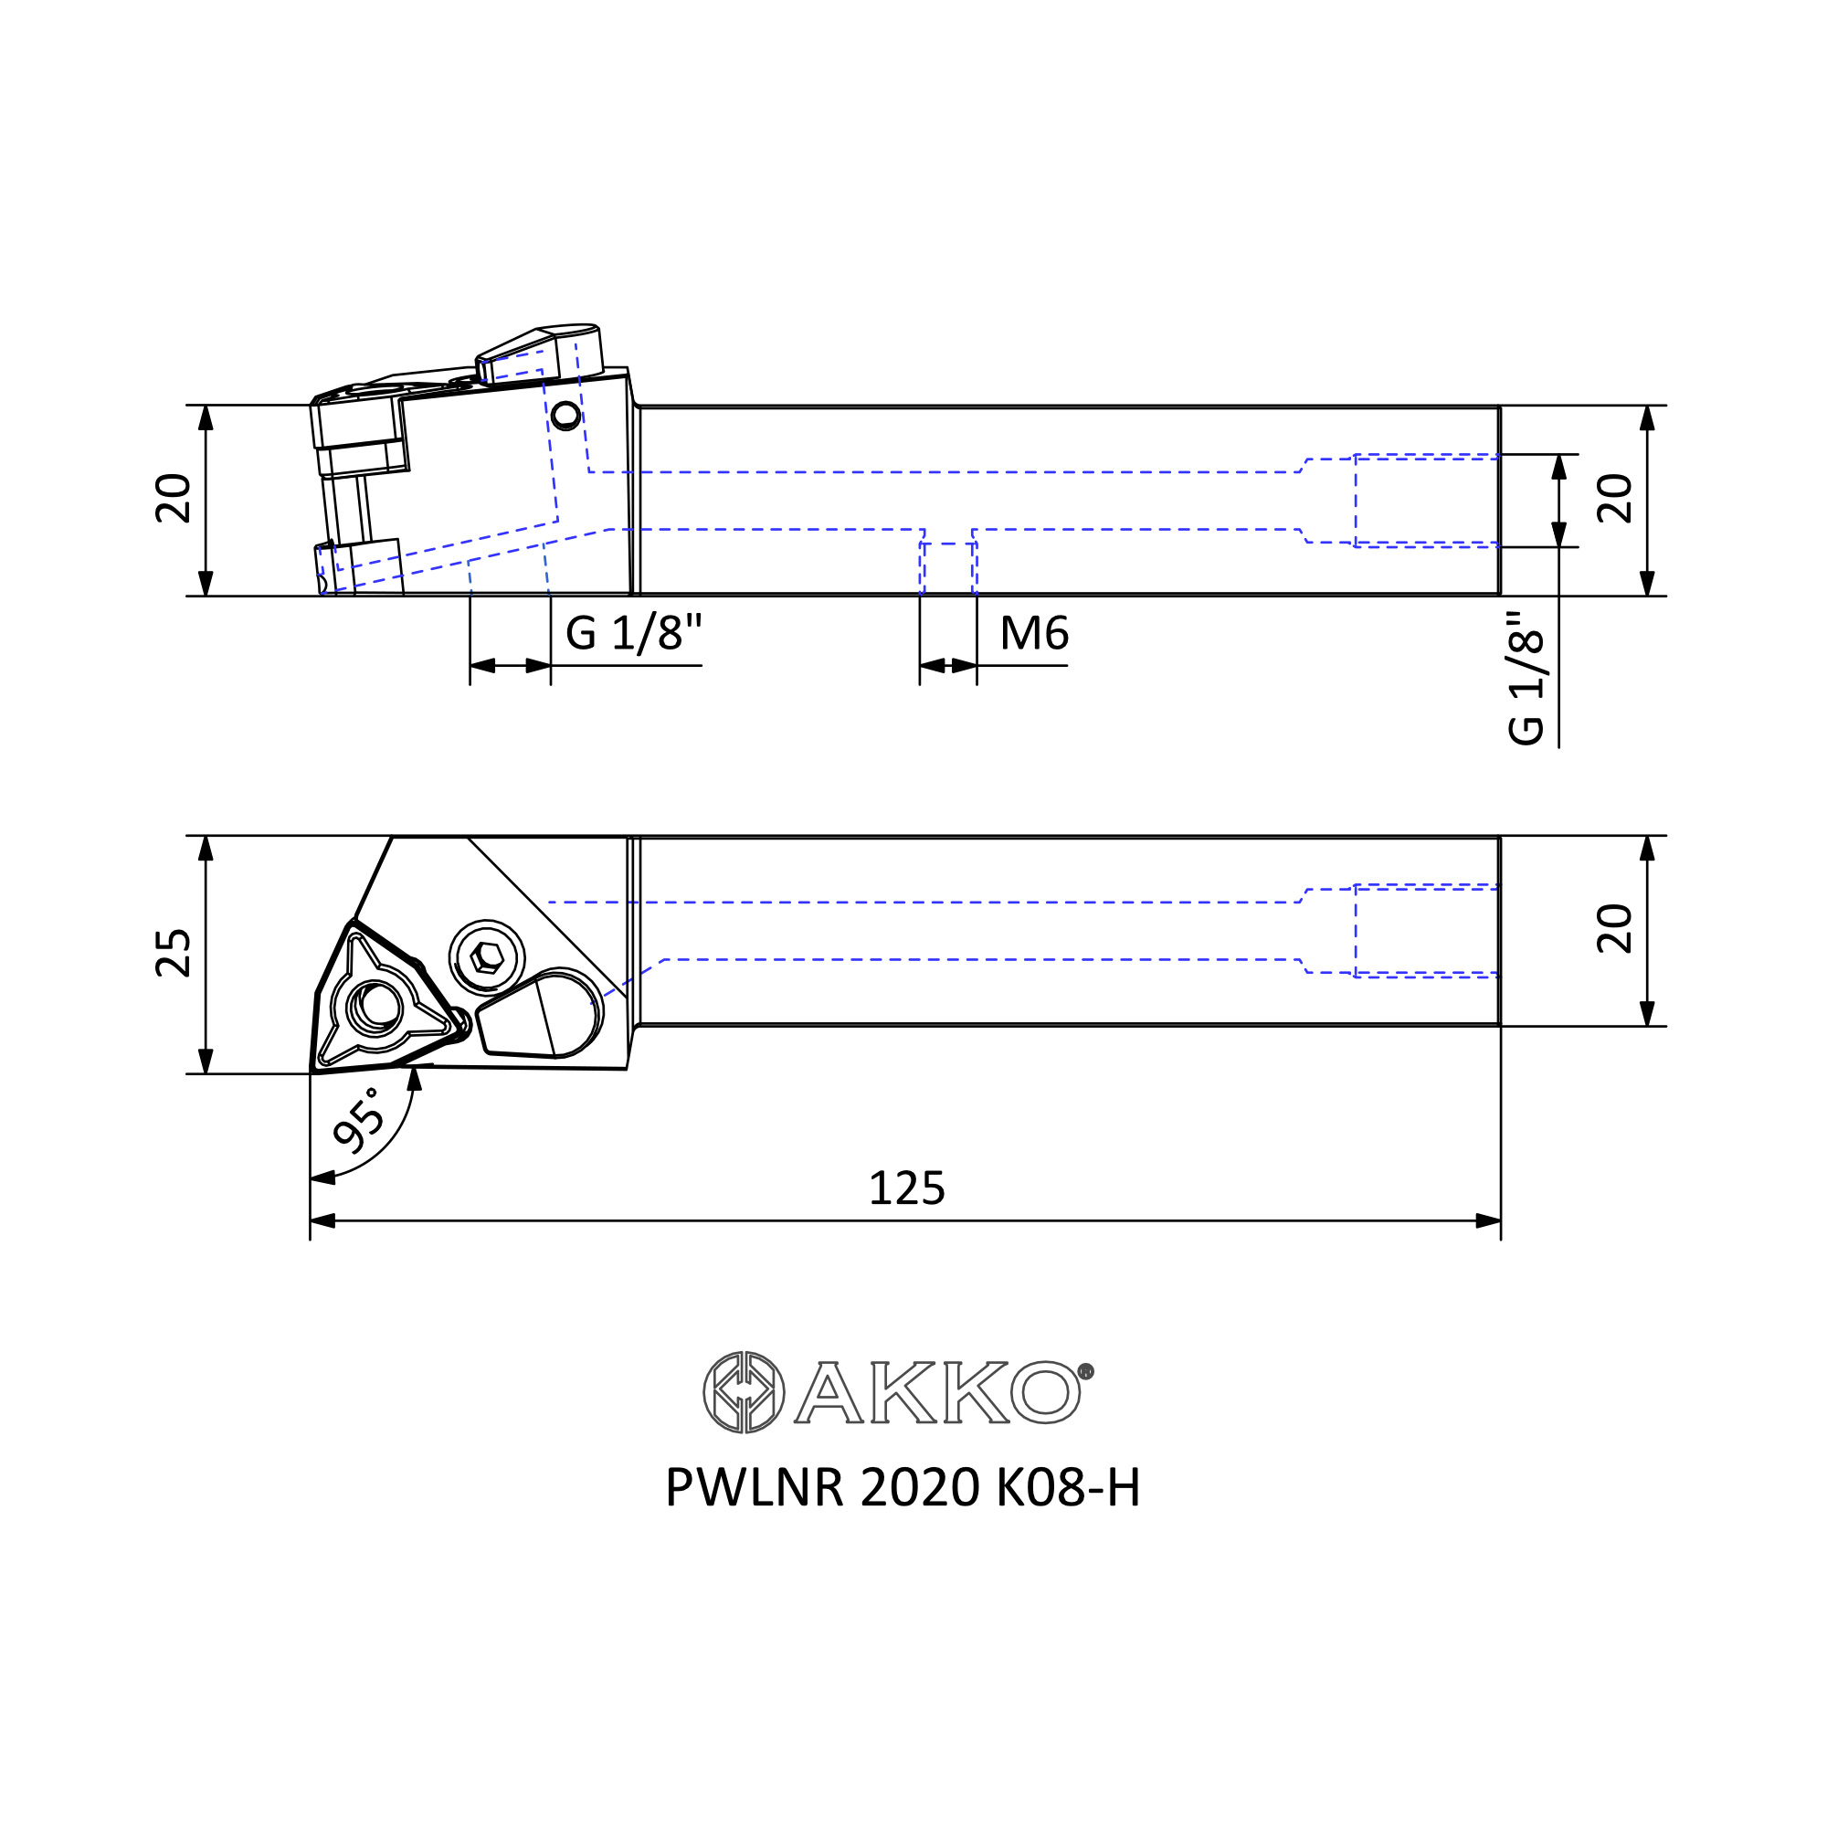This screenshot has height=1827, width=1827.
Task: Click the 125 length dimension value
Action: [906, 1188]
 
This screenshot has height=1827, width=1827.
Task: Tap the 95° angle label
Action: [360, 1121]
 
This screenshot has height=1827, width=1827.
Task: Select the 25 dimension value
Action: [173, 953]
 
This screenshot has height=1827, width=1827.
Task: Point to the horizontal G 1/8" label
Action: [634, 633]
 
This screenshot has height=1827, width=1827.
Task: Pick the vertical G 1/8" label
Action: [1526, 677]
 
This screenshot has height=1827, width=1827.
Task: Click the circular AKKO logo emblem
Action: [745, 1392]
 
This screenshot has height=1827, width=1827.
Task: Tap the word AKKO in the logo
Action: [937, 1392]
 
